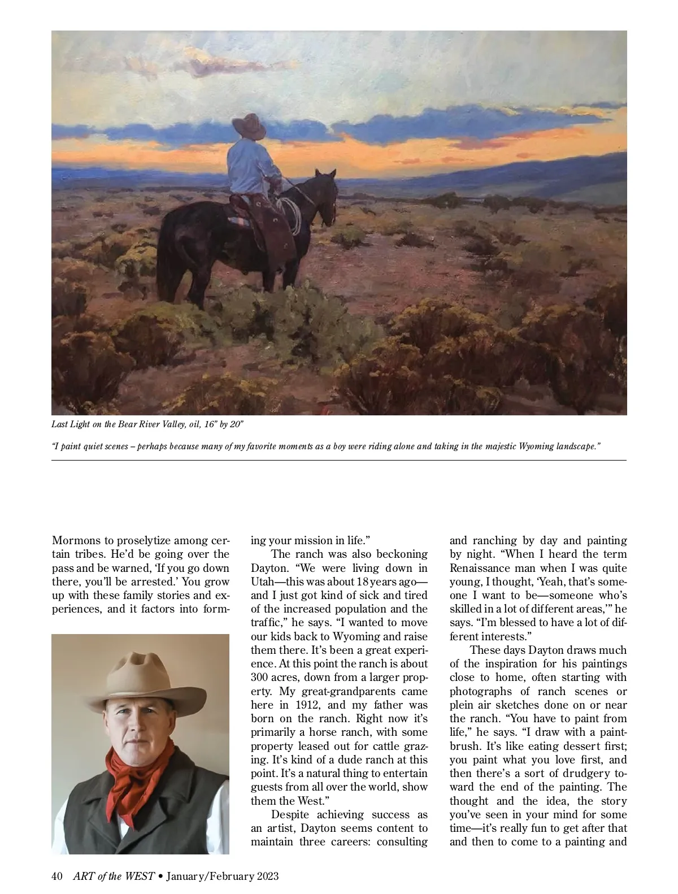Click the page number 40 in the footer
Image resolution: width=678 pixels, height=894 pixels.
click(x=57, y=876)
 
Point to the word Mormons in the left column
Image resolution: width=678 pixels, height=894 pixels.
click(x=76, y=540)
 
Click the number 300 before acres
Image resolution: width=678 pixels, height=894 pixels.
click(x=260, y=677)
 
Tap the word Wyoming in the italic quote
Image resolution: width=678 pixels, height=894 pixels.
click(x=527, y=446)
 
